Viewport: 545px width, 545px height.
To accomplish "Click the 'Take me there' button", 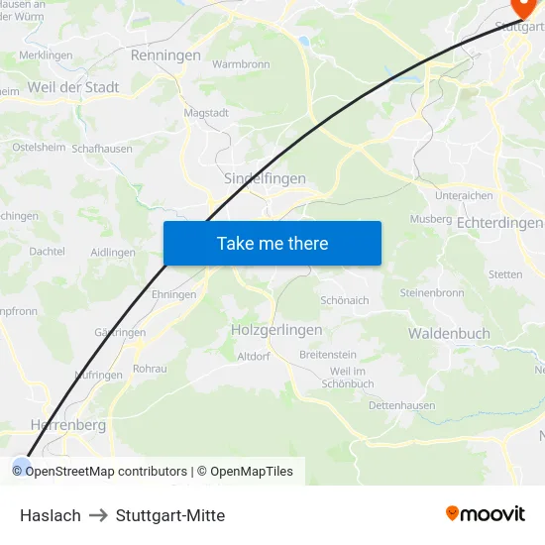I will click(x=272, y=243).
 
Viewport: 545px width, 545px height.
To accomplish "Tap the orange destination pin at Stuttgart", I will click(x=518, y=8).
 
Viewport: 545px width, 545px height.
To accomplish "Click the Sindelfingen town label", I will click(x=265, y=178).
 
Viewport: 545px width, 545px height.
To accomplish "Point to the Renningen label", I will click(x=165, y=55).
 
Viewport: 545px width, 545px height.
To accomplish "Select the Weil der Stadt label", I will click(x=73, y=87).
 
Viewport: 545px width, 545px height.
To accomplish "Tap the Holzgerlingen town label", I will click(x=276, y=330).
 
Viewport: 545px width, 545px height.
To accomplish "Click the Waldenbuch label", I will click(x=449, y=334).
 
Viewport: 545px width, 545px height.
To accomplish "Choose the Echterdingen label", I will click(x=499, y=224).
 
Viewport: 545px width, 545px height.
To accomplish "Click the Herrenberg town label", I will click(x=67, y=425).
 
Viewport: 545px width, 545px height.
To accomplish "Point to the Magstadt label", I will click(x=206, y=113).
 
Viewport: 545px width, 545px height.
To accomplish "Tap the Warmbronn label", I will click(x=241, y=64).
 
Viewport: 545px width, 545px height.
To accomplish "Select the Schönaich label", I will click(x=345, y=300).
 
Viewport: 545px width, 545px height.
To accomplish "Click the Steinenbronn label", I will click(x=431, y=293).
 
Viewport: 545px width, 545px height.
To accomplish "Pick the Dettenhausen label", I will click(x=401, y=406).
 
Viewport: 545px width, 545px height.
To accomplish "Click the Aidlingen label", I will click(x=112, y=253).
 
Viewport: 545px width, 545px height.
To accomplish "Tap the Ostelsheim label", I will click(x=38, y=147).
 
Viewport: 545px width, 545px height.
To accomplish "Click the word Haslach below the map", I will click(x=51, y=515).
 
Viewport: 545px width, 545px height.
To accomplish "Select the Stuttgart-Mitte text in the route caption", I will click(x=170, y=515).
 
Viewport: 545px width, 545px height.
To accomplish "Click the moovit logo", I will click(x=486, y=514).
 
